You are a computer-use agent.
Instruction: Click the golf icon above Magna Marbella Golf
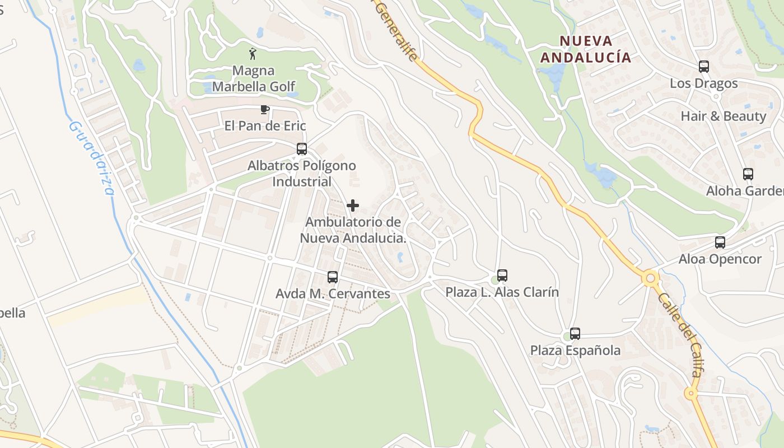[253, 54]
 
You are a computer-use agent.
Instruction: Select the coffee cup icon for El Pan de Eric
[265, 109]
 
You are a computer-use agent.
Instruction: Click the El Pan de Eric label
[265, 125]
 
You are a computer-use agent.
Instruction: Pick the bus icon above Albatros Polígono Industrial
[302, 149]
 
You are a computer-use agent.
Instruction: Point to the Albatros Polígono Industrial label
[302, 174]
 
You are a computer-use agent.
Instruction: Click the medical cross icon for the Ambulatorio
[353, 206]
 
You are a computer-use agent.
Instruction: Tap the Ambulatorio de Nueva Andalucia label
[353, 230]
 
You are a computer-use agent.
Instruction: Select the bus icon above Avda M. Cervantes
[333, 277]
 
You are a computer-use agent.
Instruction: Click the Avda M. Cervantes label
[333, 293]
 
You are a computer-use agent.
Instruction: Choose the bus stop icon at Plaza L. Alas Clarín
[502, 275]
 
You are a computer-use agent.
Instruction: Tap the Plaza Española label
[575, 351]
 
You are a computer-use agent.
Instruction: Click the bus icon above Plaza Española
[575, 334]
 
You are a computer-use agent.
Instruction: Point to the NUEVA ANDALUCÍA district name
[586, 49]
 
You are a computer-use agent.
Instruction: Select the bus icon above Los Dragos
[704, 67]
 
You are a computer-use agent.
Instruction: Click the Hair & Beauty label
[723, 116]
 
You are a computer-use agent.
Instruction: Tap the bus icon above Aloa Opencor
[720, 242]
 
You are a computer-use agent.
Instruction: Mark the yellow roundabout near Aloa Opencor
[651, 277]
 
